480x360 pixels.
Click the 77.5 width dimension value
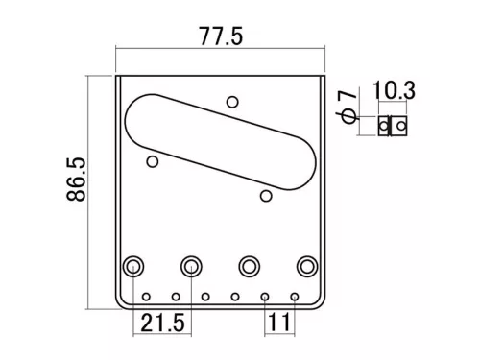coord(220,36)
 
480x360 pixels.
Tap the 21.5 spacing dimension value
coord(160,323)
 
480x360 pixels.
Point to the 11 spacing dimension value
coord(279,323)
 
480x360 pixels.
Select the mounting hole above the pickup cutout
coord(231,102)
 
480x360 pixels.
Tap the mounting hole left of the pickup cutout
coord(152,162)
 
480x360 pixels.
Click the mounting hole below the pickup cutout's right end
coord(266,197)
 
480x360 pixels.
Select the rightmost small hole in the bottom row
coord(294,296)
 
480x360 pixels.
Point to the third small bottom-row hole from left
coord(205,296)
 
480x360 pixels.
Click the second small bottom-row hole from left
coord(177,296)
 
